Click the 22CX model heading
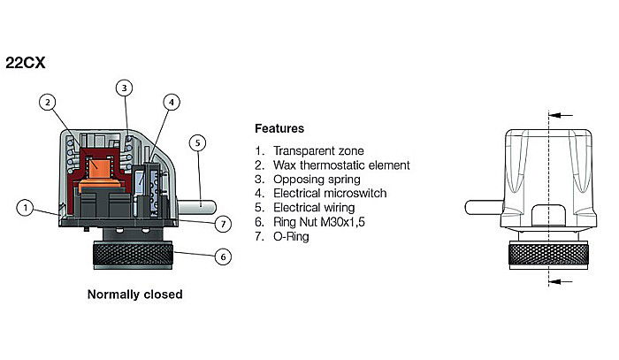click(x=26, y=64)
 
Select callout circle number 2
click(x=49, y=102)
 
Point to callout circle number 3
click(x=126, y=88)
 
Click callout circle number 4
click(x=172, y=102)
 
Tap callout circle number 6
click(x=223, y=257)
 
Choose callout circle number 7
click(x=225, y=222)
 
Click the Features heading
click(x=279, y=128)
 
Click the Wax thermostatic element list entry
click(x=340, y=165)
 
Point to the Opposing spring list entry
click(x=317, y=180)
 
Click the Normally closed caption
click(x=135, y=294)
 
